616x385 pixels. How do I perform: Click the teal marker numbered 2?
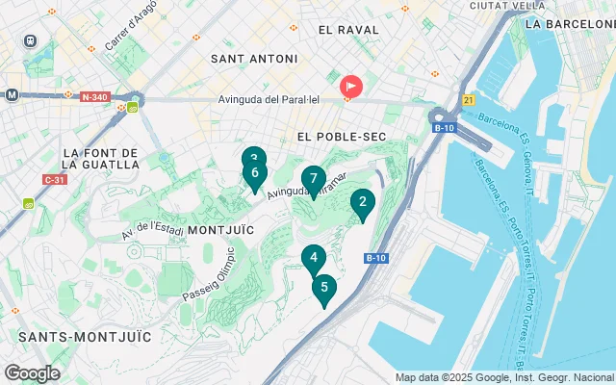(362, 202)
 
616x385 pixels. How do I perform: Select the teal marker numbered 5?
(324, 287)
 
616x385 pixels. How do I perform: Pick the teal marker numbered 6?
(254, 173)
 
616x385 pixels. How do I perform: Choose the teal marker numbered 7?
(313, 179)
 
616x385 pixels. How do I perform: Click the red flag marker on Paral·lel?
(350, 86)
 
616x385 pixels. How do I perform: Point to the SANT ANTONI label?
(254, 59)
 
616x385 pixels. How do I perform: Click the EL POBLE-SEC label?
(342, 137)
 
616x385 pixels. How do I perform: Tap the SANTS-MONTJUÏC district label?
(85, 336)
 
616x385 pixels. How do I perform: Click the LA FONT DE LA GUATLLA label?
(100, 159)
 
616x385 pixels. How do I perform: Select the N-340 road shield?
(95, 97)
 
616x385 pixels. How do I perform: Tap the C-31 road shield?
(54, 179)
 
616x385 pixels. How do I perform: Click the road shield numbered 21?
(468, 99)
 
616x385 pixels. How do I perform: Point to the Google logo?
(32, 373)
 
